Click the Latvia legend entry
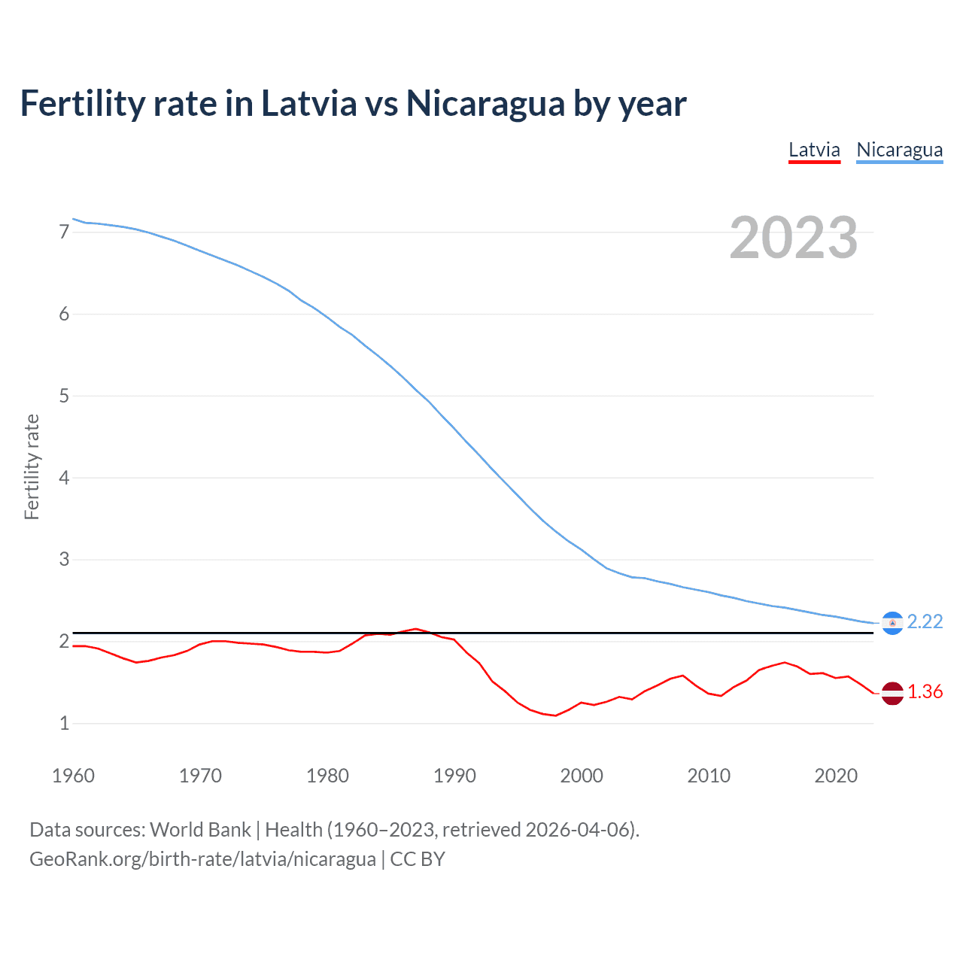(814, 150)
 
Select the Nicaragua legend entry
(899, 150)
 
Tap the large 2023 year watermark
(793, 238)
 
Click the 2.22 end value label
(925, 621)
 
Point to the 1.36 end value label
(925, 691)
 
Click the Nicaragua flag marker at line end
(892, 623)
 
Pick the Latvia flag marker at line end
(892, 693)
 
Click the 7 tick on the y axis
(64, 232)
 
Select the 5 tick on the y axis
(64, 396)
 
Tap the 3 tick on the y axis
(64, 559)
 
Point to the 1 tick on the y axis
(64, 723)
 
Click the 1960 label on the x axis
(73, 776)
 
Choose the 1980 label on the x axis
(327, 776)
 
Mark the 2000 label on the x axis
(582, 776)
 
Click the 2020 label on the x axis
(836, 776)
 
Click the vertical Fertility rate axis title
(32, 466)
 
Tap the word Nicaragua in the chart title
(485, 103)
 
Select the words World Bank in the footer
(200, 830)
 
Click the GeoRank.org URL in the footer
(202, 859)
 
